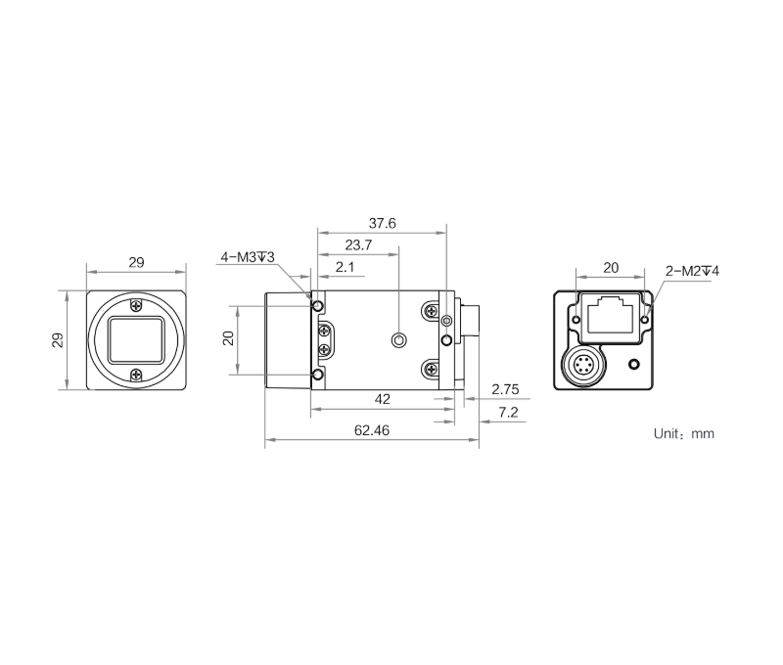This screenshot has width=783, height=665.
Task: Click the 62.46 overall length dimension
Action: (x=372, y=430)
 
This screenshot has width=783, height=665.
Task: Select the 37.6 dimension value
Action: (x=382, y=223)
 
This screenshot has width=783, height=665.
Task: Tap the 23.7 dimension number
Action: (x=358, y=244)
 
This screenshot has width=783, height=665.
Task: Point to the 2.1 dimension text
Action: (x=345, y=267)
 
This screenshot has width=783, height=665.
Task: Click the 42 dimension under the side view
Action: (x=382, y=399)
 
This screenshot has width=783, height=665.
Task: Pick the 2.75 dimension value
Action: (x=505, y=389)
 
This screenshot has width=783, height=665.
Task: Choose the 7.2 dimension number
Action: (x=508, y=413)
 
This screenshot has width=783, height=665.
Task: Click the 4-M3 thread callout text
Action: (x=248, y=257)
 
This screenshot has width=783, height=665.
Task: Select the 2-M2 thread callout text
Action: (x=692, y=272)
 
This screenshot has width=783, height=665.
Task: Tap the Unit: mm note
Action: (x=683, y=433)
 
